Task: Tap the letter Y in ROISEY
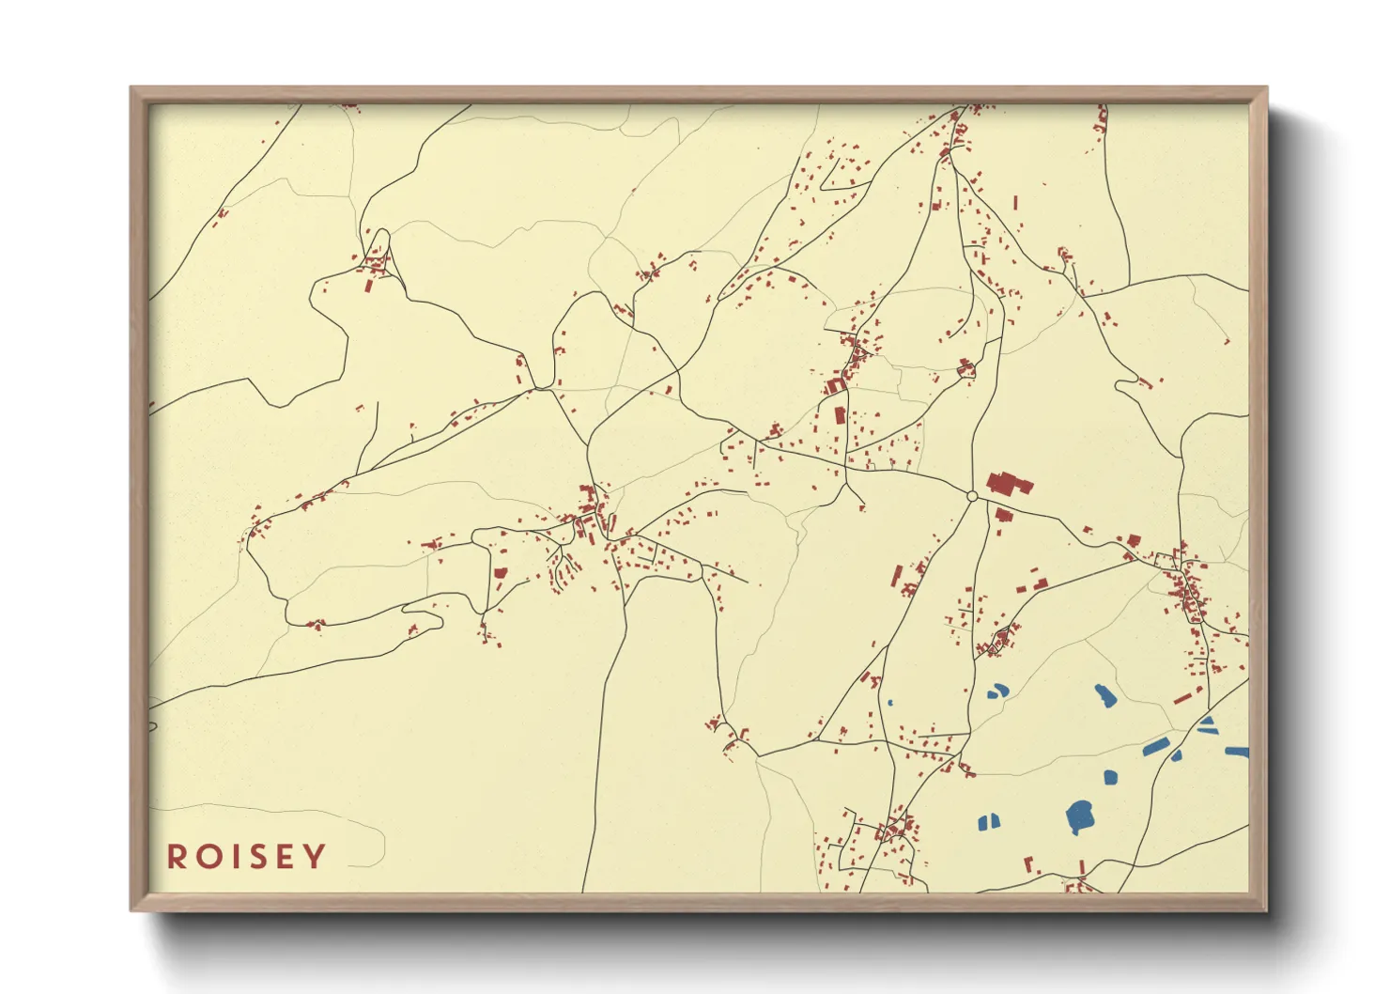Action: click(316, 857)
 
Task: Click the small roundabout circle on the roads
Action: click(972, 496)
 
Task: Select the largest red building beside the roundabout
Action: click(1007, 485)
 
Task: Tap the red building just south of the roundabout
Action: click(1003, 514)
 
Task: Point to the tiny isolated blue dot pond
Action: click(889, 702)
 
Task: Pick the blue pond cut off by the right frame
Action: click(1238, 752)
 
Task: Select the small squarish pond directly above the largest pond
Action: click(1111, 777)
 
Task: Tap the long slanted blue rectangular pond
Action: click(1155, 747)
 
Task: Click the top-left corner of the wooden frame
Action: click(133, 90)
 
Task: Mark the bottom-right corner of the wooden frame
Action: click(1265, 909)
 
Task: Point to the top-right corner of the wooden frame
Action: click(1265, 90)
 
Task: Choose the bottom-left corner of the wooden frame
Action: click(133, 909)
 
